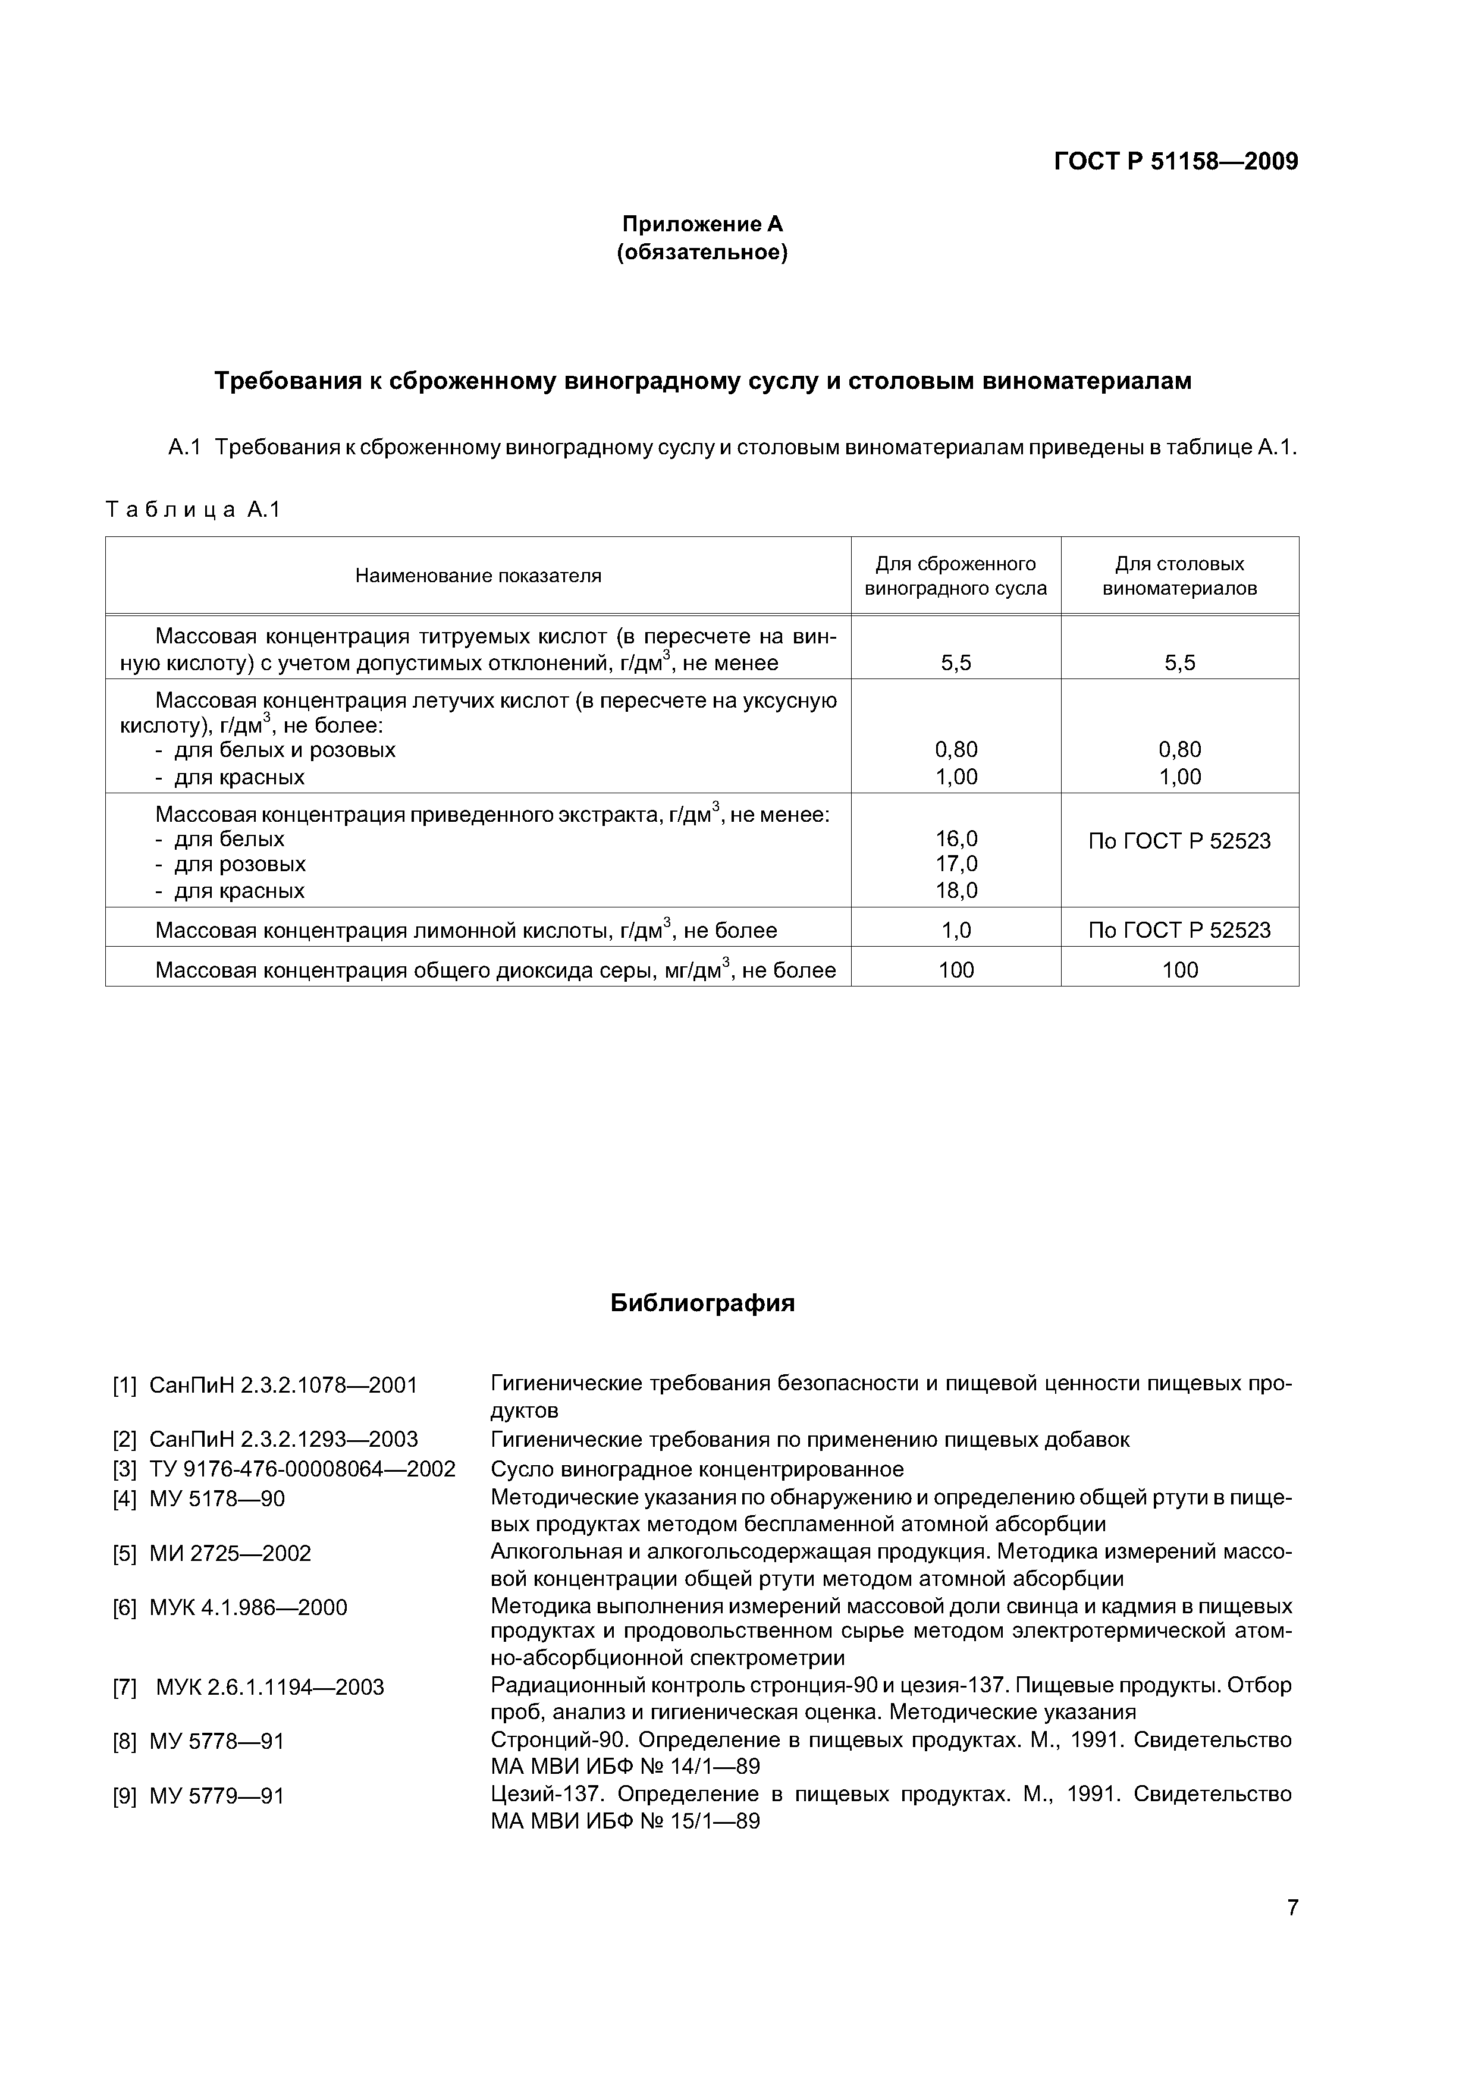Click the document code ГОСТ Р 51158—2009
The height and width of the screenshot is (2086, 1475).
coord(1175,162)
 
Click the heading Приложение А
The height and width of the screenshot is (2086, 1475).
coord(702,224)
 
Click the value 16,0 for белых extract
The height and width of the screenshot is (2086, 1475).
coord(956,838)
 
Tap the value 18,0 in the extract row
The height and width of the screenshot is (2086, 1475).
coord(956,890)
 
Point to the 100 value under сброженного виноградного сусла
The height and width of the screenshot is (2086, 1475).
coord(956,969)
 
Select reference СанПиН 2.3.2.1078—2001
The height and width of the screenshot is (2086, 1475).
coord(283,1384)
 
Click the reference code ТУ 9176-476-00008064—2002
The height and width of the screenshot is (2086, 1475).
coord(302,1469)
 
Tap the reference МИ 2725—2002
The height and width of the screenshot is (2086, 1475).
coord(230,1553)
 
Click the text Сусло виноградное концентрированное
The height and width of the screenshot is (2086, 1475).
coord(697,1469)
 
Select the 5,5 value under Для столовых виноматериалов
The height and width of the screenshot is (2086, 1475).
coord(1179,663)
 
